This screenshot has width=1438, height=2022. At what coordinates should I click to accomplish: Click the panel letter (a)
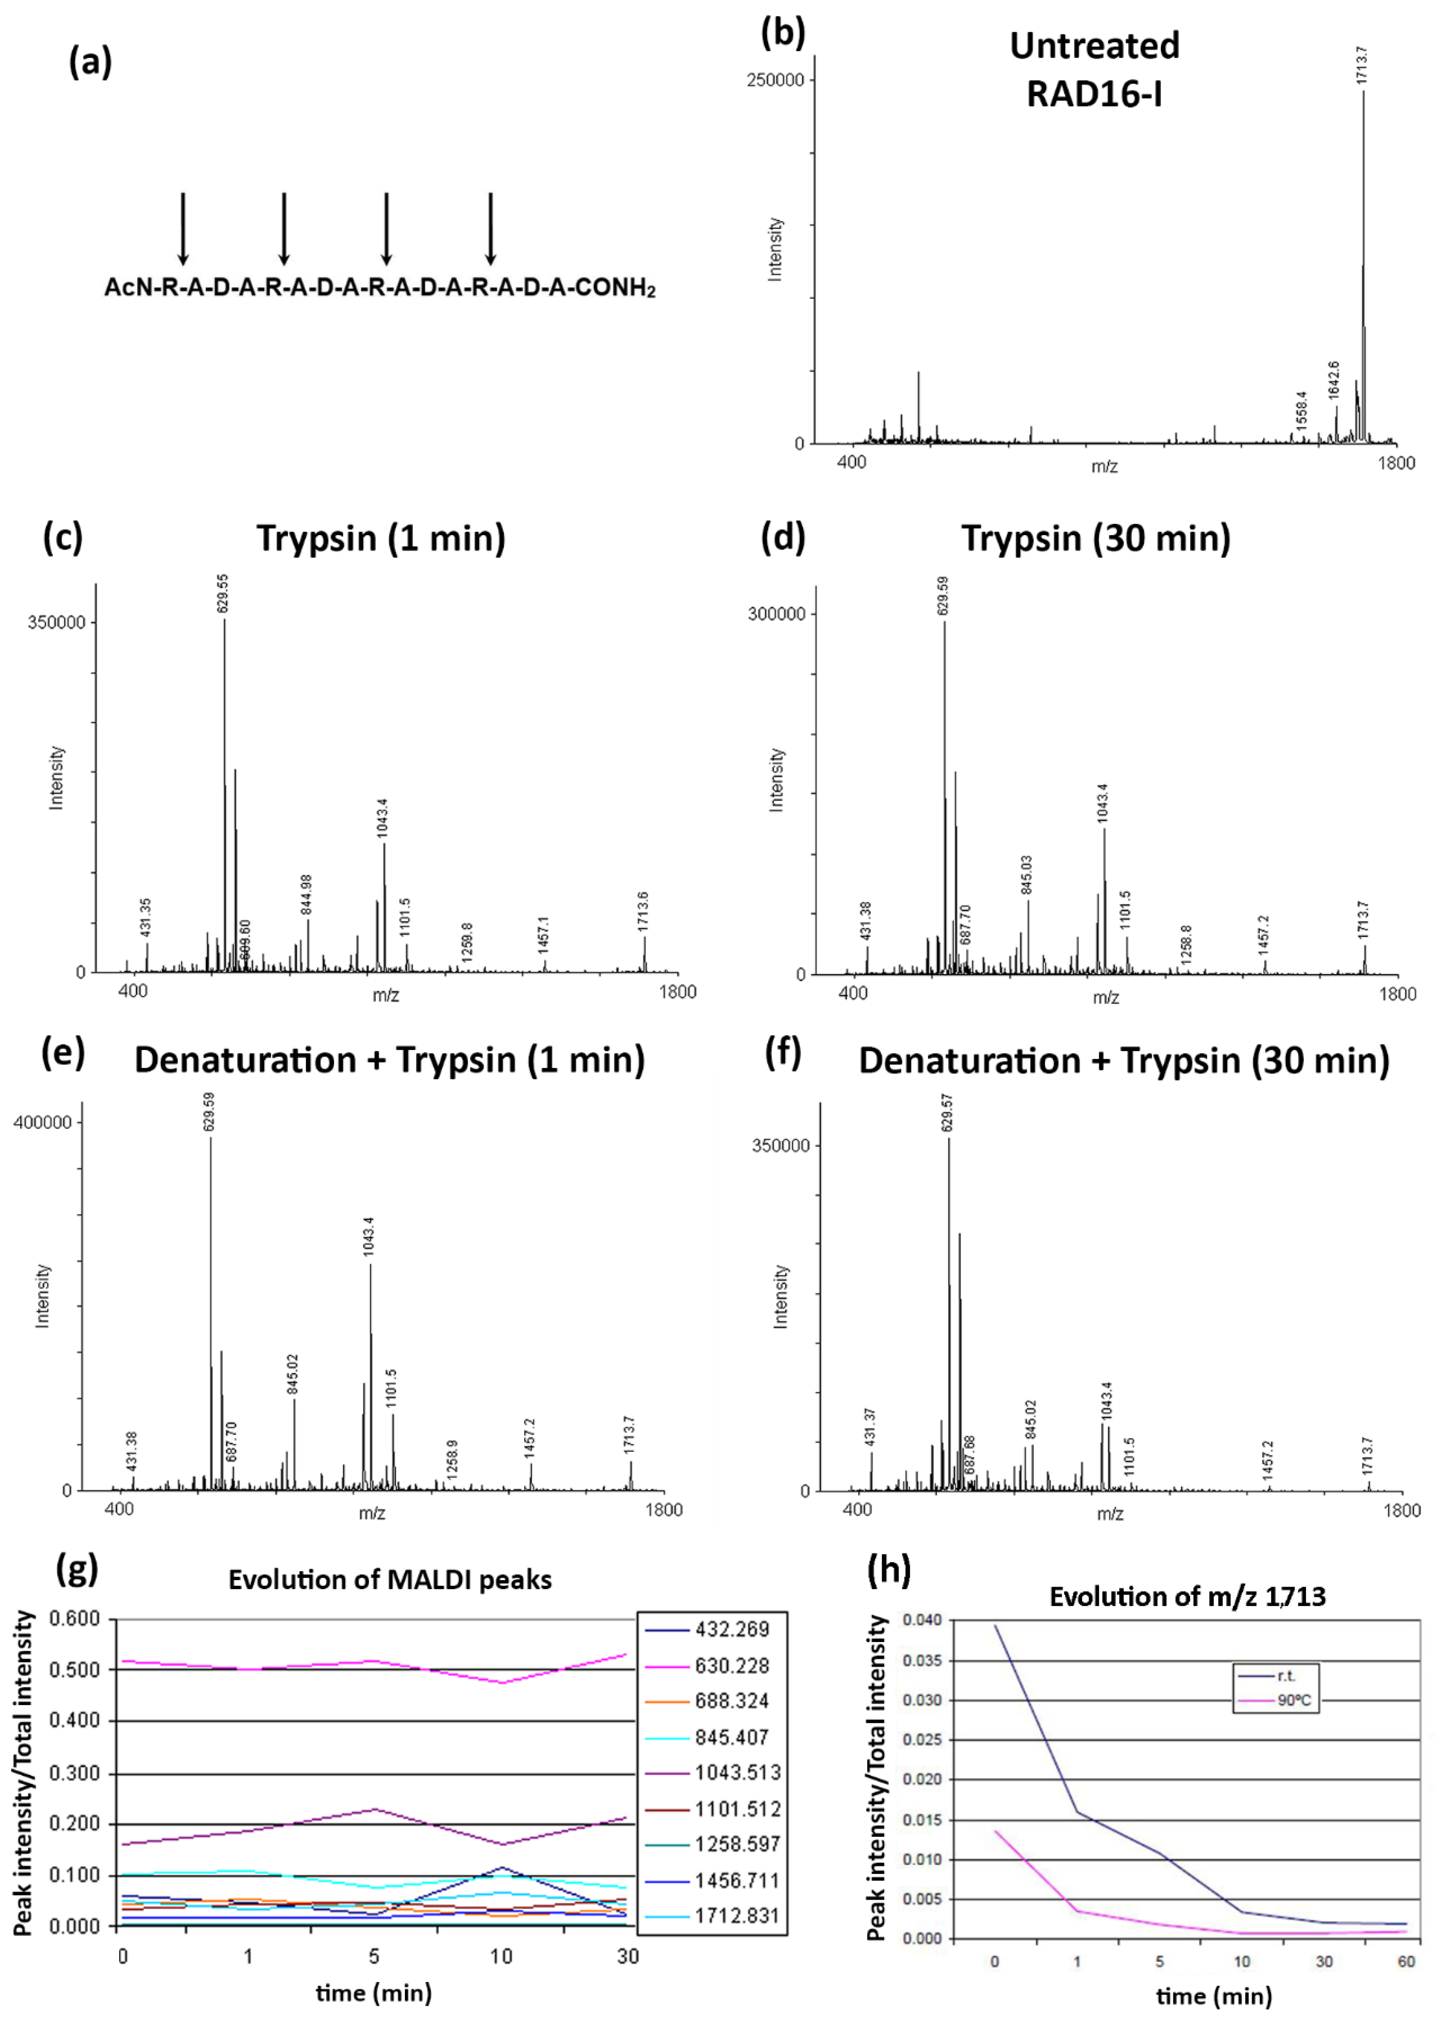(90, 62)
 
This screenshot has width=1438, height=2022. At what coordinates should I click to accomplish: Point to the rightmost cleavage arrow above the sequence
(491, 229)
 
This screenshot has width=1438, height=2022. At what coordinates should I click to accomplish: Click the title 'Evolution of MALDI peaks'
(390, 1580)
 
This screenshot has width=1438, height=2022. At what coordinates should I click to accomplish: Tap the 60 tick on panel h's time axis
(1406, 1962)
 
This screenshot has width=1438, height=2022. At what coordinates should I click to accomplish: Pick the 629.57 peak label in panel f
(947, 1112)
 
